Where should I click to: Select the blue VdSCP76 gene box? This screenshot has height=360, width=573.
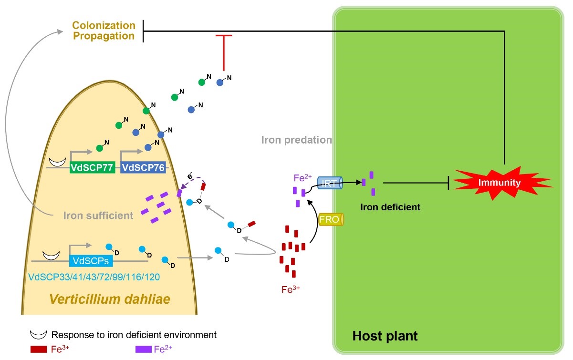[x=143, y=167]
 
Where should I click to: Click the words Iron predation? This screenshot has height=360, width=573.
[x=296, y=140]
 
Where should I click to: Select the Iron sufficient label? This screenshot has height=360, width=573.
[x=99, y=216]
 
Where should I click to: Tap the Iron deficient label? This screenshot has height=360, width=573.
[x=390, y=207]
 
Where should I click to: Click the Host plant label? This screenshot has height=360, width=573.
[x=385, y=336]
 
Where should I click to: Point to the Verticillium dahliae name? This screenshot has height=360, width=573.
[x=110, y=299]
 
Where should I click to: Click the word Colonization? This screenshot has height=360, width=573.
[x=104, y=25]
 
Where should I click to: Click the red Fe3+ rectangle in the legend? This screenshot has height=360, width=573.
[x=38, y=349]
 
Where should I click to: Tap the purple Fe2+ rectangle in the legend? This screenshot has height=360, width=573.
[x=143, y=349]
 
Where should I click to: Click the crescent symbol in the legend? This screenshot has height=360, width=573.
[x=38, y=335]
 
